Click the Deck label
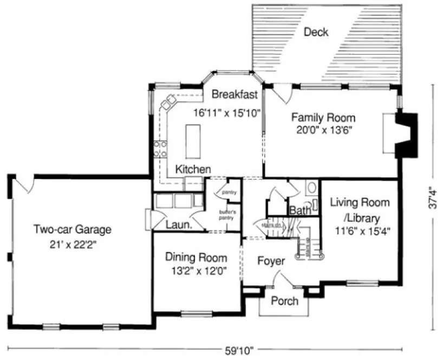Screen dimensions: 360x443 [316, 33]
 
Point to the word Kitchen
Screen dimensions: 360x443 [193, 170]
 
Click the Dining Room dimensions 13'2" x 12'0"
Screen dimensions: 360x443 [196, 271]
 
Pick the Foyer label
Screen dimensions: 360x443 [271, 261]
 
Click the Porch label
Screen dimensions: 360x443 [284, 301]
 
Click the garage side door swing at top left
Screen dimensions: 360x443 [24, 184]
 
